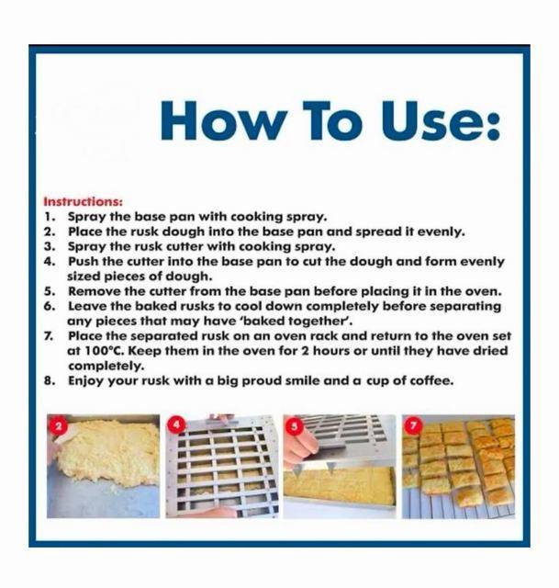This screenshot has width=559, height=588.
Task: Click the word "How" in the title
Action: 221,120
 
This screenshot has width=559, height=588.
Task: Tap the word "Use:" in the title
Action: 442,120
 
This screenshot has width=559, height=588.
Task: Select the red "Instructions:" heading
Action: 84,202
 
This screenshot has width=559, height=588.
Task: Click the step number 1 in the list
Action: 50,217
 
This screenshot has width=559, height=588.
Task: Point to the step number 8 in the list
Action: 49,381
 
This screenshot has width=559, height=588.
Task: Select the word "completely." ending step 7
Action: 106,366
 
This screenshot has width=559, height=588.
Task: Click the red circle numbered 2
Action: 57,425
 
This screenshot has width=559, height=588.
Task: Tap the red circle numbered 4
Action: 176,425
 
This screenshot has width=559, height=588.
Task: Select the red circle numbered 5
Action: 295,426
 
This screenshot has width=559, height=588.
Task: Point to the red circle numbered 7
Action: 413,425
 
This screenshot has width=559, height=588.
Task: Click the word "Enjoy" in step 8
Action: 85,381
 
